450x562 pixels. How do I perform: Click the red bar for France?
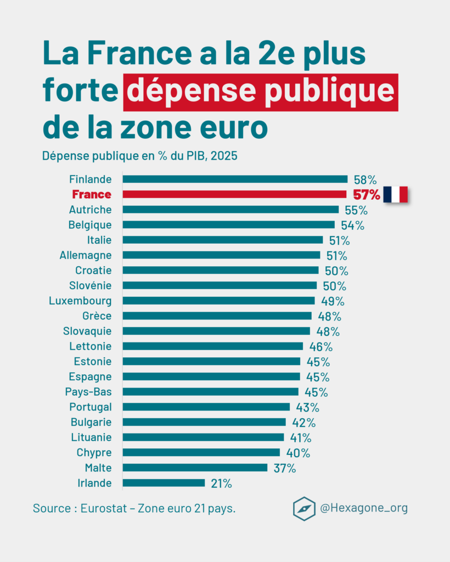[x=234, y=194]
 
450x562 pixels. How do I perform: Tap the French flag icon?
[x=395, y=194]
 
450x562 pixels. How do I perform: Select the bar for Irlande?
[x=164, y=483]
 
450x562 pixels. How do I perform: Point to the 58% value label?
[x=365, y=179]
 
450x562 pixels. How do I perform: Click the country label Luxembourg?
[x=80, y=301]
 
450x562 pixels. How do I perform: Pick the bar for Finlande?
[x=235, y=179]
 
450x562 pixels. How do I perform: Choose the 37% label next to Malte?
[x=285, y=468]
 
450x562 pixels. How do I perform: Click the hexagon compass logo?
[x=304, y=508]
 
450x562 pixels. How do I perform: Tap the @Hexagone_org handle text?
[x=364, y=508]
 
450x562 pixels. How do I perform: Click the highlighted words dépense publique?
[x=261, y=91]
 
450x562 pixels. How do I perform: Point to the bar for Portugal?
[x=206, y=407]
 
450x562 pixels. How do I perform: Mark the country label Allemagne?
[x=86, y=255]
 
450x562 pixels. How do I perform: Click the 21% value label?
[x=221, y=484]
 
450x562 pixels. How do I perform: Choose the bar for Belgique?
[x=228, y=224]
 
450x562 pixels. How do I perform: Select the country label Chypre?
[x=94, y=453]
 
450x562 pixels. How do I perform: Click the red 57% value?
[x=366, y=195]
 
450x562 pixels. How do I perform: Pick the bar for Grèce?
[x=217, y=316]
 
